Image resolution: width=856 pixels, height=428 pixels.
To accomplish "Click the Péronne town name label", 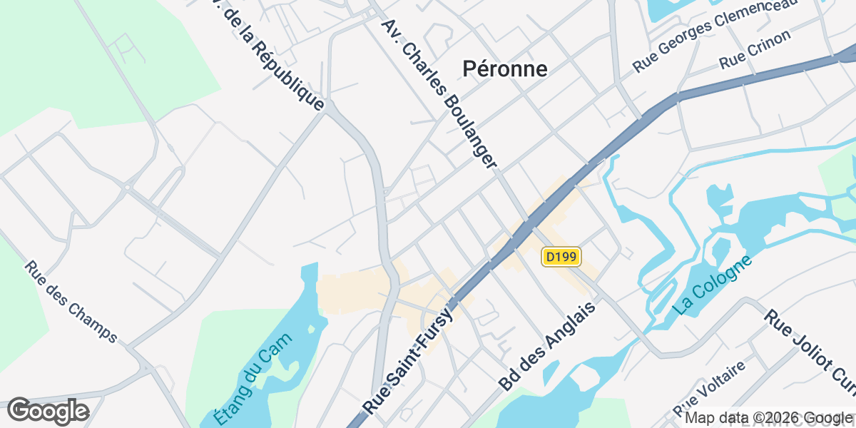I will click(x=505, y=68).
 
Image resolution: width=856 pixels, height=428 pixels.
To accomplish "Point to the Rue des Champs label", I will click(x=71, y=301).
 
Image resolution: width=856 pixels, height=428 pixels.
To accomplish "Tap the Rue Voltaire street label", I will click(x=710, y=389).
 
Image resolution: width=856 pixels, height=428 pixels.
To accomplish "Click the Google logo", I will click(x=48, y=411).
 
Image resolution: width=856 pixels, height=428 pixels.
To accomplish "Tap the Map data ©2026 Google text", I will click(x=769, y=418).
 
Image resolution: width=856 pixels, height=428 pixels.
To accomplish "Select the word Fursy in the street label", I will click(x=434, y=327).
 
